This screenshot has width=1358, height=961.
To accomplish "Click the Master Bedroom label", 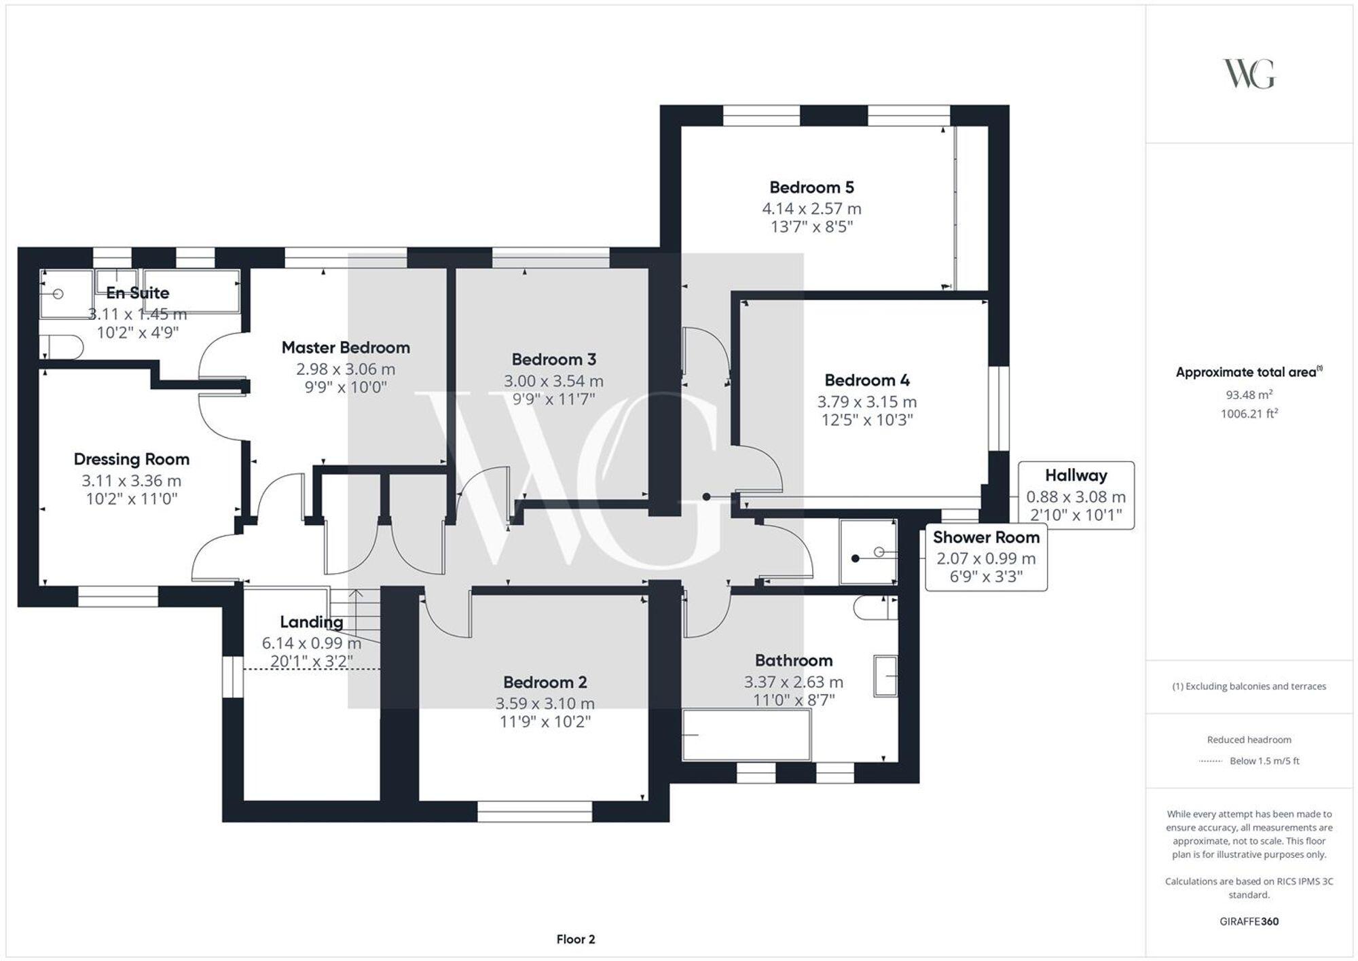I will click(x=346, y=348).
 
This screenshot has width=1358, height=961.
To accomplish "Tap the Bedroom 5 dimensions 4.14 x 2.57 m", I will click(x=811, y=208).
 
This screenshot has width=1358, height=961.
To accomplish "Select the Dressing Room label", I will click(x=131, y=459).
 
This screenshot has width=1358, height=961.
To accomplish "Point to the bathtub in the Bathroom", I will click(x=746, y=735).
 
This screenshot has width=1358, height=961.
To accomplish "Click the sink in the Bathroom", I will click(x=885, y=676).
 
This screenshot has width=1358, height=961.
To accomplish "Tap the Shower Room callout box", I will click(x=986, y=558).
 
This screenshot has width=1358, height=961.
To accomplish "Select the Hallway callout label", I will click(x=1076, y=475).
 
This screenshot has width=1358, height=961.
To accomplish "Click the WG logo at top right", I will click(x=1249, y=74).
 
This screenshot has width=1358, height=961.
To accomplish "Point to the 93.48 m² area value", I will click(x=1249, y=395).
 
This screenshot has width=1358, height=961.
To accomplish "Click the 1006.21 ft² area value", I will click(x=1249, y=414).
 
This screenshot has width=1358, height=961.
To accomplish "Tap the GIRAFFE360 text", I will click(x=1249, y=922).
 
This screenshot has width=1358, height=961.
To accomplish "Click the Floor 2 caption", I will click(x=575, y=939).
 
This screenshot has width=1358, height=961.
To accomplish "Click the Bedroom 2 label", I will click(x=545, y=682).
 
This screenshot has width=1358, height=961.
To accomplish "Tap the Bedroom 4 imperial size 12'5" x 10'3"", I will click(x=866, y=420).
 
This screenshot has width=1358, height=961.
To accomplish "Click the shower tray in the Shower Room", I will click(x=868, y=551).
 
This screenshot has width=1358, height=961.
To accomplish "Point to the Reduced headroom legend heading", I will click(x=1249, y=740).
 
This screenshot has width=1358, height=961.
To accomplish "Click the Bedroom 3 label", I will click(x=553, y=359).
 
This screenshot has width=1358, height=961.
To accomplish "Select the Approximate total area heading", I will click(x=1249, y=372).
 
